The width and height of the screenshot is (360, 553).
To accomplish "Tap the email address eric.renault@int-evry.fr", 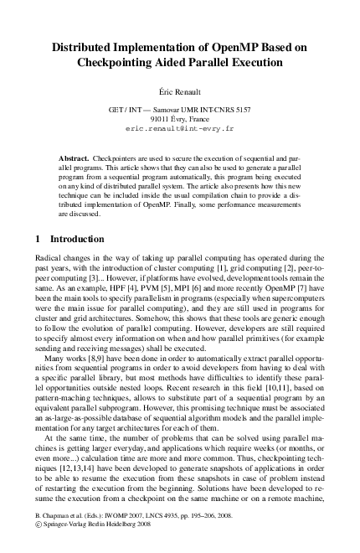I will point(179,131).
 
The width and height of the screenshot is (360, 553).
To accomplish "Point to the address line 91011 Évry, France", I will point(179,120).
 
